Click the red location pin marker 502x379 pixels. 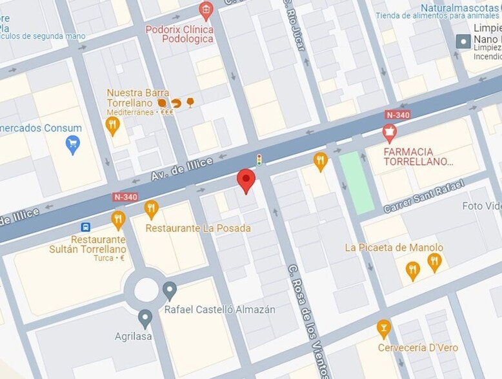(x=246, y=180)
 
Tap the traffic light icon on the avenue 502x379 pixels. (x=259, y=160)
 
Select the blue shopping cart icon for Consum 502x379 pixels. (x=73, y=144)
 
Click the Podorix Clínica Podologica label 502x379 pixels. (x=179, y=34)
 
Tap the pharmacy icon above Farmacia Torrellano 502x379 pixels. (x=388, y=133)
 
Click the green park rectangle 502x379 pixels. (x=356, y=182)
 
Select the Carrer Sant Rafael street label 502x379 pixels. (x=423, y=197)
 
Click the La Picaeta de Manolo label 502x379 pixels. (x=394, y=248)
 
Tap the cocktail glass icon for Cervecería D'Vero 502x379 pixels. (x=384, y=329)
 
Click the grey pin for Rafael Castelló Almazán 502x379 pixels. (x=170, y=291)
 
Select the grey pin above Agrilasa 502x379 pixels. (x=145, y=318)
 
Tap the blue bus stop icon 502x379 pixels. (x=85, y=227)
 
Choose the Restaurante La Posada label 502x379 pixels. (x=197, y=228)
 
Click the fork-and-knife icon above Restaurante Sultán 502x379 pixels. (x=117, y=220)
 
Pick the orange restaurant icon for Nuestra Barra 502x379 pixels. (x=113, y=124)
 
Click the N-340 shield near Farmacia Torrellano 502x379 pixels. (x=397, y=115)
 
